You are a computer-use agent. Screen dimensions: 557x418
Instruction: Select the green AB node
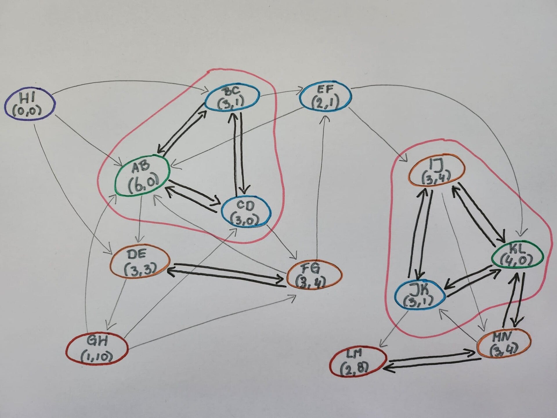142,176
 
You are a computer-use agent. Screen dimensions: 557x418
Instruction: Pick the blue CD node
246,212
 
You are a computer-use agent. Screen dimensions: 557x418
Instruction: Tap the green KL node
516,255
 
